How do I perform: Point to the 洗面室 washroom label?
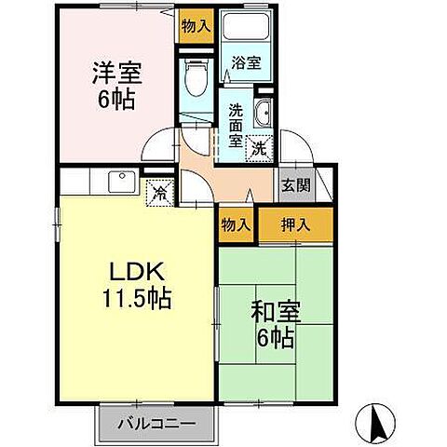pyautogui.click(x=236, y=123)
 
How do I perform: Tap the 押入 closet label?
pyautogui.click(x=295, y=223)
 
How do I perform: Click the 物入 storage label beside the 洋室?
pyautogui.click(x=196, y=25)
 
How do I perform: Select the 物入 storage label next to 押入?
pyautogui.click(x=237, y=223)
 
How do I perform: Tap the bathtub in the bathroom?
pyautogui.click(x=247, y=29)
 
